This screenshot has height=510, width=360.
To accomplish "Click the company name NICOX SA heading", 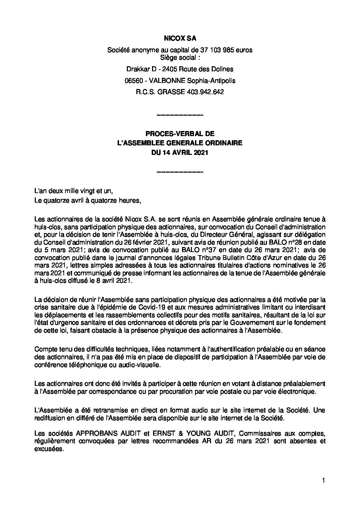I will coord(180,39).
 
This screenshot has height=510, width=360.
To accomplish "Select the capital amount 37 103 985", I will coord(212,50).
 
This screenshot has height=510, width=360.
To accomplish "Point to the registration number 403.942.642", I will coord(205,92).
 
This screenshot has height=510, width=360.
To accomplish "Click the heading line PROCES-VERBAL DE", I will coord(180,134).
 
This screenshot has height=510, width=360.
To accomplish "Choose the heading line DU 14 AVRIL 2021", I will coord(180,153).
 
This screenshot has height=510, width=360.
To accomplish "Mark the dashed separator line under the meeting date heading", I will coord(180,172).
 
